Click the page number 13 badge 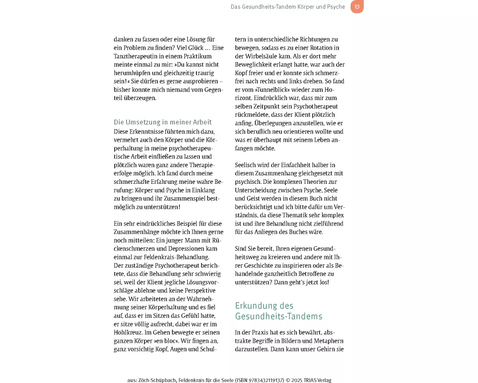click(x=357, y=7)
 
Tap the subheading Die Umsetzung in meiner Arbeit click(x=163, y=122)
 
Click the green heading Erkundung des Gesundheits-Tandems click(x=279, y=311)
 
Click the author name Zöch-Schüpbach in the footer click(x=156, y=380)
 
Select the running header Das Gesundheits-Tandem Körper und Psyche click(x=288, y=7)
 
